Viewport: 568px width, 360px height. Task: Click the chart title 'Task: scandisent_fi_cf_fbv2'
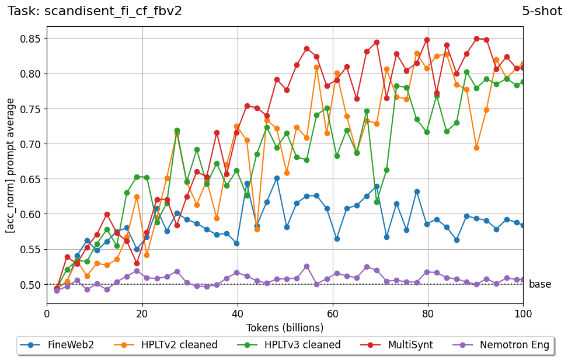coord(95,11)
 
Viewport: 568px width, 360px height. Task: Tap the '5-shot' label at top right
coord(542,11)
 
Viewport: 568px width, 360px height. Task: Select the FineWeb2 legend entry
coord(64,345)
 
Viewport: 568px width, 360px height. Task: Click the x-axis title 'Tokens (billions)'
coord(285,327)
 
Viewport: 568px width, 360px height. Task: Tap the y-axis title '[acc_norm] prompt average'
coord(11,166)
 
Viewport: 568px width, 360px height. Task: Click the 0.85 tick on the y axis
coord(30,39)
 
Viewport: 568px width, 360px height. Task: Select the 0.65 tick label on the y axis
coord(30,179)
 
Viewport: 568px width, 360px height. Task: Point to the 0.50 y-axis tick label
coord(30,285)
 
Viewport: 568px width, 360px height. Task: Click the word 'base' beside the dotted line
coord(539,285)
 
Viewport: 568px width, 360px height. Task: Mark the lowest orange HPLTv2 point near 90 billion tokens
coord(476,148)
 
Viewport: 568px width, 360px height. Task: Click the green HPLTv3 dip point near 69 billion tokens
coord(377,201)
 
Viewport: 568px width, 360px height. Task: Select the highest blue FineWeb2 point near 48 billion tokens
coord(277,178)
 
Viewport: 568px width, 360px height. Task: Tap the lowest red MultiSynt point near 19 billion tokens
coord(137,263)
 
